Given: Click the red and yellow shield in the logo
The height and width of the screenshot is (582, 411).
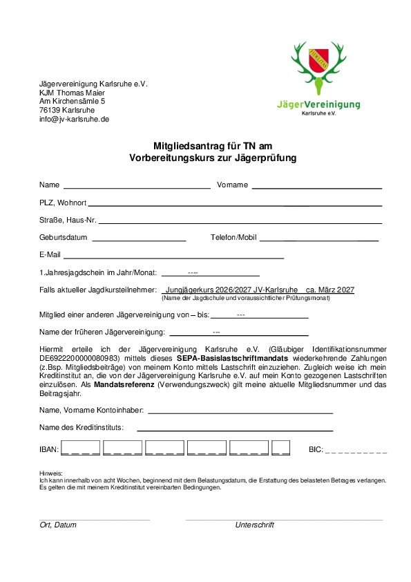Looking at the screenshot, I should pos(319,59).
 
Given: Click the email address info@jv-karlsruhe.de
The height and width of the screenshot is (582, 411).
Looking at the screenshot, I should pos(75,119).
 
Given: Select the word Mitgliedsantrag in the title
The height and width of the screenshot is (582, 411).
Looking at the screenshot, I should pos(185,146).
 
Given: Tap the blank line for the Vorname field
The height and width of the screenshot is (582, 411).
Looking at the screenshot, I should pos(316,187).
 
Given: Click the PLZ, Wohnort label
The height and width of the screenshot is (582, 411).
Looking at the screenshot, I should pos(63,203).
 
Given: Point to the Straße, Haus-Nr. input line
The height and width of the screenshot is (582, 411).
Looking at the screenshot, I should pos(240,223).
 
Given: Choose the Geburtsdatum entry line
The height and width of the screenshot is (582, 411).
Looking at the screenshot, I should pos(139,240).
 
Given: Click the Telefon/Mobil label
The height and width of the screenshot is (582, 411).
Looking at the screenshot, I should pos(233,238).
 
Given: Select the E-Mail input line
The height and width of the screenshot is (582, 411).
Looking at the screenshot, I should pos(173,257).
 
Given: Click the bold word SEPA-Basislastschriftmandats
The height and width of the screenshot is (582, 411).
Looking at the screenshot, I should pos(232,359).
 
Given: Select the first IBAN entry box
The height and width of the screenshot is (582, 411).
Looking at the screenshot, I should pos(80,447).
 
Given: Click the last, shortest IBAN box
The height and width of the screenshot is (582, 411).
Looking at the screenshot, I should pos(280,447).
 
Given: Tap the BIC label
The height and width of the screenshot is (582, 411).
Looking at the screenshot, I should pos(316,450).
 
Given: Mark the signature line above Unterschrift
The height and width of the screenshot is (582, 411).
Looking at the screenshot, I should pos(283,518).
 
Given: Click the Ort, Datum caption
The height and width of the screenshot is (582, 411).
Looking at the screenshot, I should pos(58,525).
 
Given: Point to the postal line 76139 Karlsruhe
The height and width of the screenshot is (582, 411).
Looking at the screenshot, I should pos(67,110).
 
